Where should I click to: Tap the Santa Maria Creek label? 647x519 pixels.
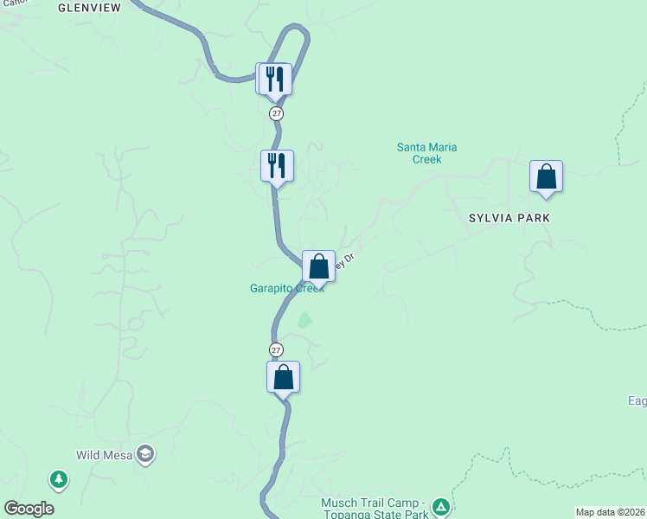click(x=426, y=153)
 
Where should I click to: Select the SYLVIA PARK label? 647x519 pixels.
click(x=509, y=218)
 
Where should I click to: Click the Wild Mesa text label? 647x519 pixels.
click(x=103, y=453)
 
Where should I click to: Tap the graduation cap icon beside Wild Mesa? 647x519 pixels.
click(x=145, y=453)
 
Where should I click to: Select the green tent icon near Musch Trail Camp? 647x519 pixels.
click(x=440, y=507)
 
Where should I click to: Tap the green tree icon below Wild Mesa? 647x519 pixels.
click(x=59, y=478)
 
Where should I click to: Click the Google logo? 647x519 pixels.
click(x=29, y=509)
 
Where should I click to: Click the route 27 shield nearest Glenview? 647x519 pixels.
click(x=276, y=113)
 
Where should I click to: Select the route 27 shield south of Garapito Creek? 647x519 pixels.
click(x=276, y=349)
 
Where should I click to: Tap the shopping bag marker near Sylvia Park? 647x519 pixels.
click(x=547, y=176)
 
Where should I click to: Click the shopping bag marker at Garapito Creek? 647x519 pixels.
click(x=318, y=266)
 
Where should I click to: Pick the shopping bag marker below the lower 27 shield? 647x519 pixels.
click(x=283, y=377)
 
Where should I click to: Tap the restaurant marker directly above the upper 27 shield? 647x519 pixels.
click(x=275, y=79)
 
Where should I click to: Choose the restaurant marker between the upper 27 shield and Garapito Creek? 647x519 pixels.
click(x=277, y=165)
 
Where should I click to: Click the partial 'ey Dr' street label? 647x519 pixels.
click(x=345, y=260)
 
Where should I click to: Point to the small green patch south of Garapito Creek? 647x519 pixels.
click(x=304, y=320)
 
